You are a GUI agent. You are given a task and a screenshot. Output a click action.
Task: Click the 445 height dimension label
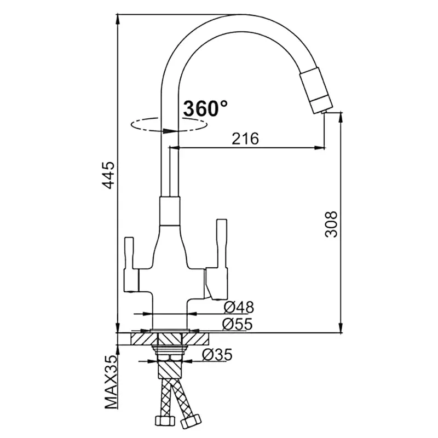pyautogui.click(x=108, y=175)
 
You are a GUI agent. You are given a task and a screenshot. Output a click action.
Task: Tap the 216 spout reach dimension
pyautogui.click(x=245, y=139)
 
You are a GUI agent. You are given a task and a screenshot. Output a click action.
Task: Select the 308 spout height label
pyautogui.click(x=331, y=224)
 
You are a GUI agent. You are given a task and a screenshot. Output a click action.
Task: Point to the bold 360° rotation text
pyautogui.click(x=205, y=108)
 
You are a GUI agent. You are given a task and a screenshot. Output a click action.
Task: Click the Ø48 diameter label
pyautogui.click(x=239, y=307)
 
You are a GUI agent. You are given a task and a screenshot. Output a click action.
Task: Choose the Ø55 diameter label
pyautogui.click(x=238, y=324)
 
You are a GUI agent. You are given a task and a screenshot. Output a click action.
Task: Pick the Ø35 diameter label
pyautogui.click(x=217, y=355)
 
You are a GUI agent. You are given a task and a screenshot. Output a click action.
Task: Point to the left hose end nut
pyautogui.click(x=165, y=419)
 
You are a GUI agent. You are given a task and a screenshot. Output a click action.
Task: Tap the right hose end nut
pyautogui.click(x=191, y=421)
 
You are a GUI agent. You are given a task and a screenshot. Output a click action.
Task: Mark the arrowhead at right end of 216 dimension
pyautogui.click(x=319, y=148)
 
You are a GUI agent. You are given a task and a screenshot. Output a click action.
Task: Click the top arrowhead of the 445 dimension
pyautogui.click(x=118, y=20)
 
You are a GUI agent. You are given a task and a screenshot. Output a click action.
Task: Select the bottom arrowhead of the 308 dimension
pyautogui.click(x=341, y=327)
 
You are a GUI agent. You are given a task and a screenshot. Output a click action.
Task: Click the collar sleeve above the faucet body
pyautogui.click(x=170, y=211)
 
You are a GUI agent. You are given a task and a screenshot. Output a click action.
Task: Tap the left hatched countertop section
pyautogui.click(x=143, y=338)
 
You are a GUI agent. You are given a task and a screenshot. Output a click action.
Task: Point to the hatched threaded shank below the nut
pyautogui.click(x=170, y=370)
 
